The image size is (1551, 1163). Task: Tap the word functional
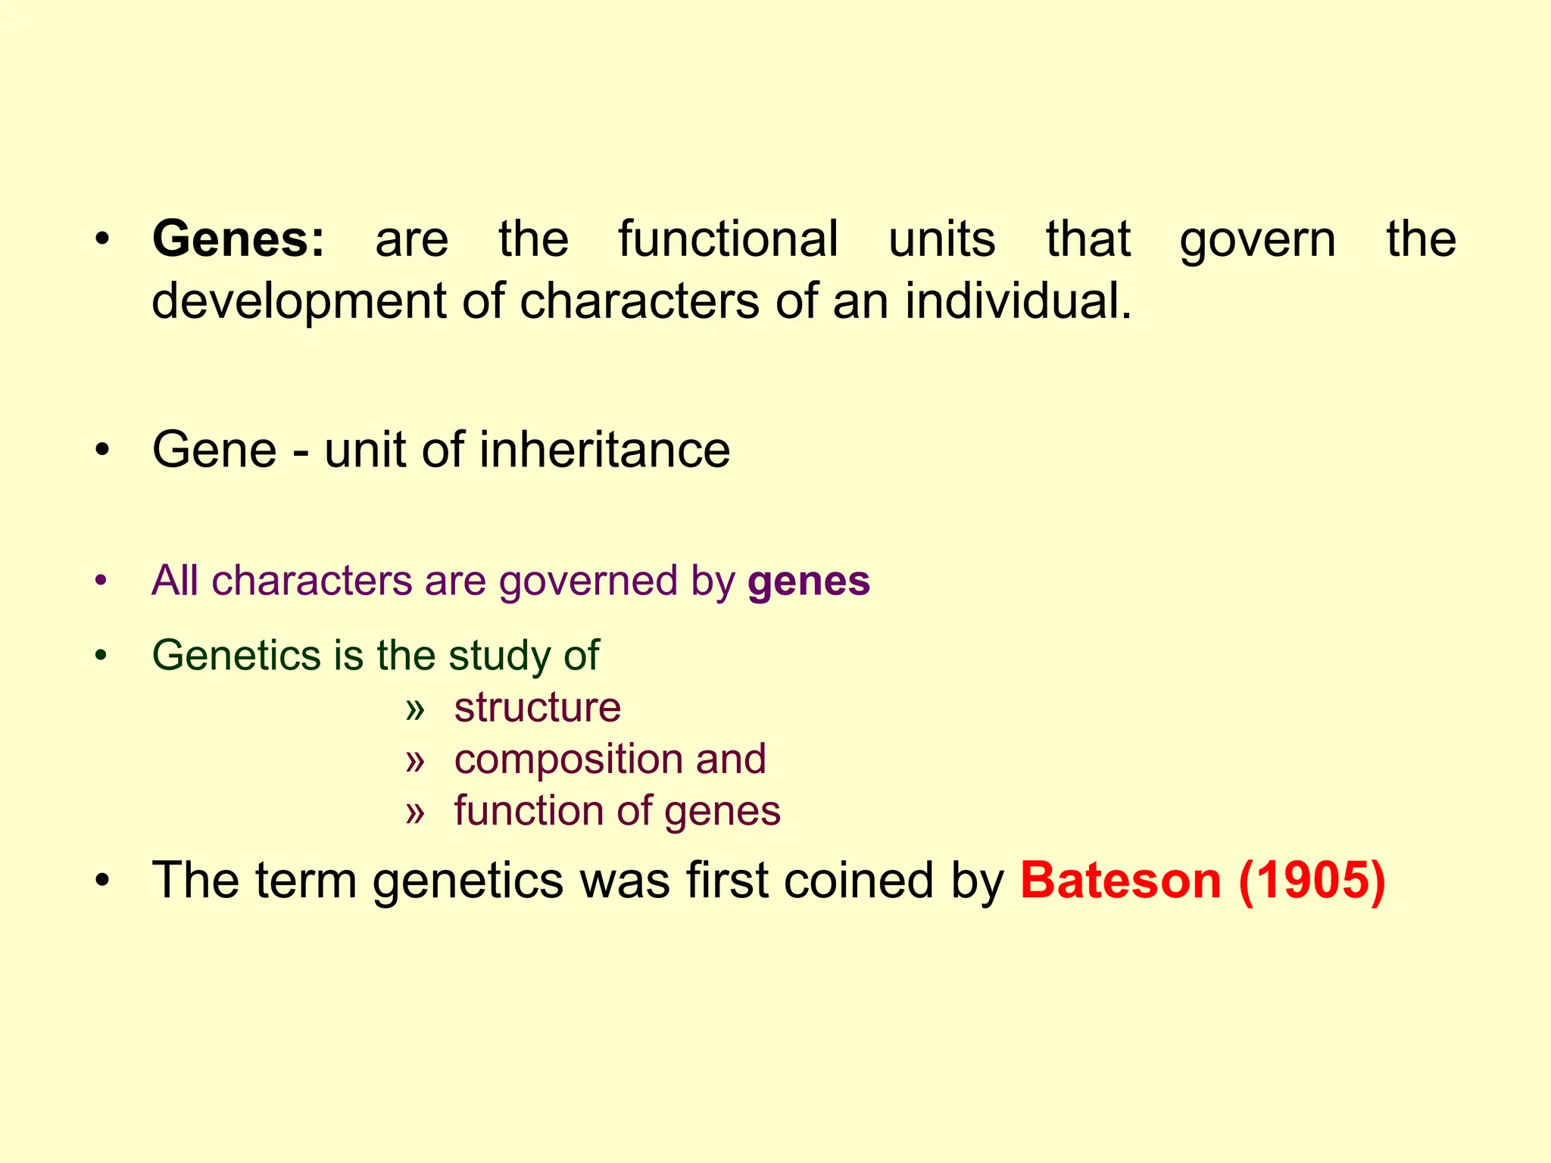point(729,239)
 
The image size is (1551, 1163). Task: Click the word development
point(298,301)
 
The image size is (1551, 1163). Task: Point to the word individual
point(1018,301)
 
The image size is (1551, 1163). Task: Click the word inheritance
point(604,450)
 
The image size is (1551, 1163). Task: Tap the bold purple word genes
point(809,582)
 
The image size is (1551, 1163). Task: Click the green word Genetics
point(236,655)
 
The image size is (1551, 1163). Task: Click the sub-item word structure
point(538,708)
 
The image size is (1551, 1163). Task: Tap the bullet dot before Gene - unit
point(102,451)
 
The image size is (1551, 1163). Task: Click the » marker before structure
point(415,709)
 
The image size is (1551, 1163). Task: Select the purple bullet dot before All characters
point(101,581)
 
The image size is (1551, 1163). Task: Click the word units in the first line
point(941,239)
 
